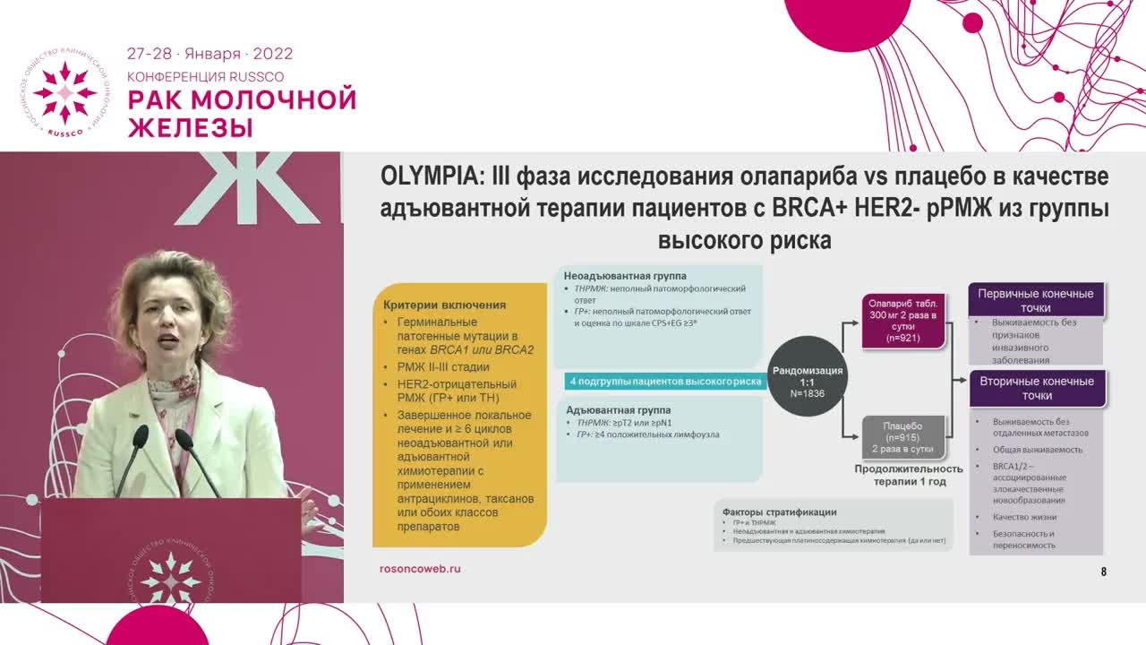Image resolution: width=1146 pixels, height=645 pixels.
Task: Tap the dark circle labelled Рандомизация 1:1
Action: [x=807, y=375]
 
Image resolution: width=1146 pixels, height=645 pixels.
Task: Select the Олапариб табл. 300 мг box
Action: [x=903, y=321]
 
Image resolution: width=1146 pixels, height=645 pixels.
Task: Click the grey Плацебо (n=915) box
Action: [x=903, y=438]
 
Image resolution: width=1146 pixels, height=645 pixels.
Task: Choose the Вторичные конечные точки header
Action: [x=1037, y=388]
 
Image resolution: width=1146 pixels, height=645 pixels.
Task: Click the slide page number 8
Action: [x=1104, y=572]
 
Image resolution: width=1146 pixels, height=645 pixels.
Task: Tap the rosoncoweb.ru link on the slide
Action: [x=420, y=568]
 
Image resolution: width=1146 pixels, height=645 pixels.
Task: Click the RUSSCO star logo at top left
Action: [x=64, y=93]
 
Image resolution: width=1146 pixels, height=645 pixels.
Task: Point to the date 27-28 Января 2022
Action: [x=210, y=54]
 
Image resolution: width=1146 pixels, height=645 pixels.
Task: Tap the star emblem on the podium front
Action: [x=170, y=576]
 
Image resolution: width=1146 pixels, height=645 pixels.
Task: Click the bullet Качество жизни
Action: [x=1024, y=517]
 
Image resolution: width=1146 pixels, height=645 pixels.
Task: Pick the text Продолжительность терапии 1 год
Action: [x=909, y=475]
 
